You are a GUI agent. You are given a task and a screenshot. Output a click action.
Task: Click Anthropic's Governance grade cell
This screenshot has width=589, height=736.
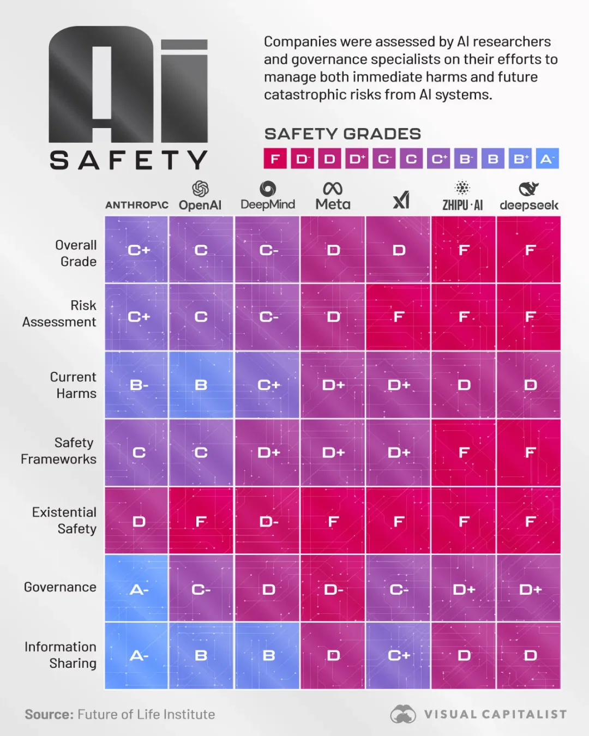pyautogui.click(x=136, y=588)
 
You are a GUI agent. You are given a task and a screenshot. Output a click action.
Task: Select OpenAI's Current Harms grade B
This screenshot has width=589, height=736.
pyautogui.click(x=201, y=385)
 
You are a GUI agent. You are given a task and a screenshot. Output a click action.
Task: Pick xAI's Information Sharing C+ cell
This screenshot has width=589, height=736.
pyautogui.click(x=398, y=655)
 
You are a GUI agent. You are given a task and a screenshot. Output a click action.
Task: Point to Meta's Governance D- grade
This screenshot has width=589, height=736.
pyautogui.click(x=333, y=588)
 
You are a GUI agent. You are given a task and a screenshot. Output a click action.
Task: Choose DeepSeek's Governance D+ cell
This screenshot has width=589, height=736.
pyautogui.click(x=529, y=588)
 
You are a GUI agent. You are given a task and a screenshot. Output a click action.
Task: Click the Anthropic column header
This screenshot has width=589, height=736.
pyautogui.click(x=136, y=205)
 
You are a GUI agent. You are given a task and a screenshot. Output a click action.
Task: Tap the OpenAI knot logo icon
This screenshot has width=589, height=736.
pyautogui.click(x=200, y=189)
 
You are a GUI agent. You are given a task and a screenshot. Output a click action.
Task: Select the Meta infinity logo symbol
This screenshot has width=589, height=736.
pyautogui.click(x=333, y=189)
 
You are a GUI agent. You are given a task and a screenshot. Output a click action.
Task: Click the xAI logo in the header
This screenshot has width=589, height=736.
pyautogui.click(x=401, y=200)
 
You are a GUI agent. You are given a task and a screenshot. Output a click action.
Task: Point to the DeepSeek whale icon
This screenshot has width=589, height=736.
pyautogui.click(x=528, y=189)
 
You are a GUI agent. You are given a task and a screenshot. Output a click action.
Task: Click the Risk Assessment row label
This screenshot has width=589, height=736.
pyautogui.click(x=59, y=313)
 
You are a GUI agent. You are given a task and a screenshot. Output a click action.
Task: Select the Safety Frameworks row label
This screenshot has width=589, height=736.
pyautogui.click(x=58, y=451)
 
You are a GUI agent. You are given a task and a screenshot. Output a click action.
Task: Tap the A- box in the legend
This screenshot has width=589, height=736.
pyautogui.click(x=547, y=158)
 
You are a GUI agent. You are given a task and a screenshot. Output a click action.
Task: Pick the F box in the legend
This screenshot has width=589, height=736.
pyautogui.click(x=275, y=158)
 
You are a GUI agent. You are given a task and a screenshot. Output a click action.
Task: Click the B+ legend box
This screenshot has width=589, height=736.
pyautogui.click(x=520, y=158)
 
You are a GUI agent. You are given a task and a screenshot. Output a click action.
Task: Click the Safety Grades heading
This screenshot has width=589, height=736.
pyautogui.click(x=342, y=134)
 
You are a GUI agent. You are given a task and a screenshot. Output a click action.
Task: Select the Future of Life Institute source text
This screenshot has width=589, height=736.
pyautogui.click(x=146, y=714)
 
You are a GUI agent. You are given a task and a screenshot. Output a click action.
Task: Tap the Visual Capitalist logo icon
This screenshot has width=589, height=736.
pyautogui.click(x=403, y=714)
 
